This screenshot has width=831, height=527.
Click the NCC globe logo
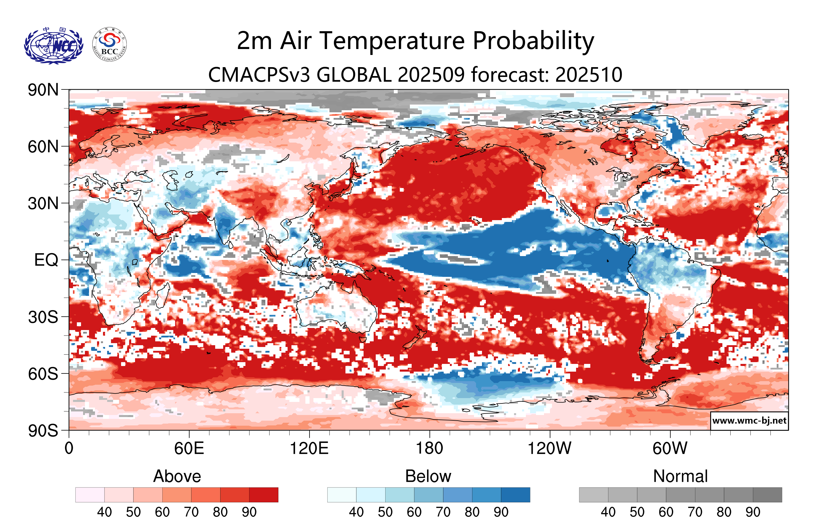pos(53,45)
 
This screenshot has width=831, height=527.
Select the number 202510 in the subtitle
pos(589,75)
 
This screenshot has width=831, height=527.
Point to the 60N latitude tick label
pos(43,147)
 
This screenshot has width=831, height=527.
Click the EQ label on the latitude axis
pos(46,260)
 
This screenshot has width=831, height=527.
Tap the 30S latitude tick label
pos(43,317)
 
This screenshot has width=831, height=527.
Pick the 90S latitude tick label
pos(43,431)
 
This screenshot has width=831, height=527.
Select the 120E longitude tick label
pos(309,449)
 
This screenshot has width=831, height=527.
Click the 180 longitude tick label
pos(429,449)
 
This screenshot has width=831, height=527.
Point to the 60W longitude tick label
pos(670,449)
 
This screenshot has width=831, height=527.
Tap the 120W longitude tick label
pos(549,449)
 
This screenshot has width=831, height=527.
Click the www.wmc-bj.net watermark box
pos(749,421)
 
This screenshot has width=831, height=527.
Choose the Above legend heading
pos(177,476)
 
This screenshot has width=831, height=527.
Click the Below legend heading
pos(428,476)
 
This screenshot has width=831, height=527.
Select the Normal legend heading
pos(680,476)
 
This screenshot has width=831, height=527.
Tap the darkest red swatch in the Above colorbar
pos(264,495)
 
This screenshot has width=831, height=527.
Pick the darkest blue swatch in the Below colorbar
pos(515,495)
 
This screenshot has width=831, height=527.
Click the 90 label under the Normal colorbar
pos(753,512)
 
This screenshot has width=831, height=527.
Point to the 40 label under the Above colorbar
pos(104,512)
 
